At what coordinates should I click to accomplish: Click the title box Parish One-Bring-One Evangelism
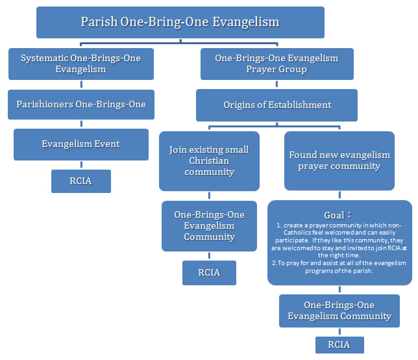[x=180, y=23]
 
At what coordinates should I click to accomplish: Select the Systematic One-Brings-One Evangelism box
[x=80, y=64]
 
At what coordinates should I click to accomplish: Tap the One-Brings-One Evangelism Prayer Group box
[x=277, y=64]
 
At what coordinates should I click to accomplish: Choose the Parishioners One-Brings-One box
[x=80, y=104]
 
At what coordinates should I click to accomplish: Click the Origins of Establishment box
[x=277, y=105]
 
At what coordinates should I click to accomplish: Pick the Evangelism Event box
[x=82, y=144]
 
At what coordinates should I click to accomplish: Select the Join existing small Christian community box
[x=208, y=161]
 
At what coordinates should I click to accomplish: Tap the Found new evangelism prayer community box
[x=339, y=161]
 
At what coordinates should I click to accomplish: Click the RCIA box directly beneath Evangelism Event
[x=80, y=181]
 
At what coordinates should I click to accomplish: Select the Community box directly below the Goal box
[x=339, y=311]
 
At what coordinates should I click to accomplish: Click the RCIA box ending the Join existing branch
[x=208, y=272]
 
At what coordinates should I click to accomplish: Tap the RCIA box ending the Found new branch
[x=339, y=344]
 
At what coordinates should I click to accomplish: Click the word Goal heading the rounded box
[x=334, y=215]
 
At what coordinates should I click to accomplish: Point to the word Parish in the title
[x=99, y=22]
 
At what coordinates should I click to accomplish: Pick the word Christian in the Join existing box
[x=208, y=161]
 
